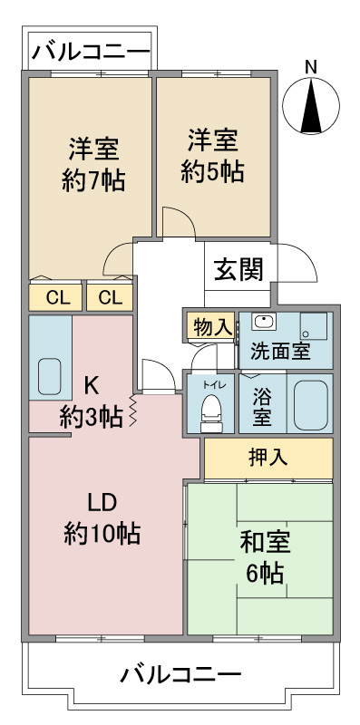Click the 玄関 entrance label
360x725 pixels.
(238, 269)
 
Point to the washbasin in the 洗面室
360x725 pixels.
(264, 322)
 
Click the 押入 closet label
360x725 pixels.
(268, 457)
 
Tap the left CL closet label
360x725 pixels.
(57, 298)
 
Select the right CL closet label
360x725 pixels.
(110, 298)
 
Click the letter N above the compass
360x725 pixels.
(311, 68)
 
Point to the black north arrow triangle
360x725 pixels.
(311, 105)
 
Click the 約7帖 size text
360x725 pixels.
(94, 180)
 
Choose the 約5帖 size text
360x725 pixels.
(212, 172)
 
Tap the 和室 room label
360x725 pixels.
(265, 543)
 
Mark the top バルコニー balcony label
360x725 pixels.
(92, 51)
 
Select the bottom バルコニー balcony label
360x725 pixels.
(181, 674)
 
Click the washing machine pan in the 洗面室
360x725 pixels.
(314, 326)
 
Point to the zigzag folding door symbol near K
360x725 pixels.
(133, 411)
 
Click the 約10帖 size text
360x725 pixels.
(102, 534)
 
